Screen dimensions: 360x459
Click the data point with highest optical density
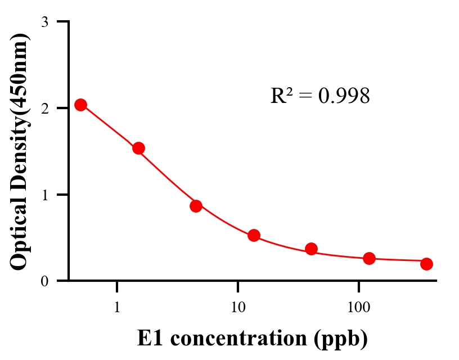point(80,105)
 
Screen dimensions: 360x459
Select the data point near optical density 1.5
point(138,148)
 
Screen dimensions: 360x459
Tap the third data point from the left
point(196,206)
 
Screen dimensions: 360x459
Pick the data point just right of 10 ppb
point(254,235)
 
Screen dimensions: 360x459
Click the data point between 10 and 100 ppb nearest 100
point(311,249)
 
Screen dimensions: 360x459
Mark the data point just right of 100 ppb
point(369,258)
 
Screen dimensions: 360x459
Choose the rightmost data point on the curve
point(426,264)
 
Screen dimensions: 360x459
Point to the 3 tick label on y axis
point(44,22)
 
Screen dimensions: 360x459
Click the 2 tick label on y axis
point(44,108)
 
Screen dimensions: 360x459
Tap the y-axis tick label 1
point(44,195)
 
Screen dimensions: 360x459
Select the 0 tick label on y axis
point(44,281)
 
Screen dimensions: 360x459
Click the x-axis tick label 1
point(117,308)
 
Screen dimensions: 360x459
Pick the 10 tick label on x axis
point(237,308)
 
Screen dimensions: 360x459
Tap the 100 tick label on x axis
point(358,308)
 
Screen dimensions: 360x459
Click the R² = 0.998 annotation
point(320,96)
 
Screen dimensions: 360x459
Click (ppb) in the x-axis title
point(342,339)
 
